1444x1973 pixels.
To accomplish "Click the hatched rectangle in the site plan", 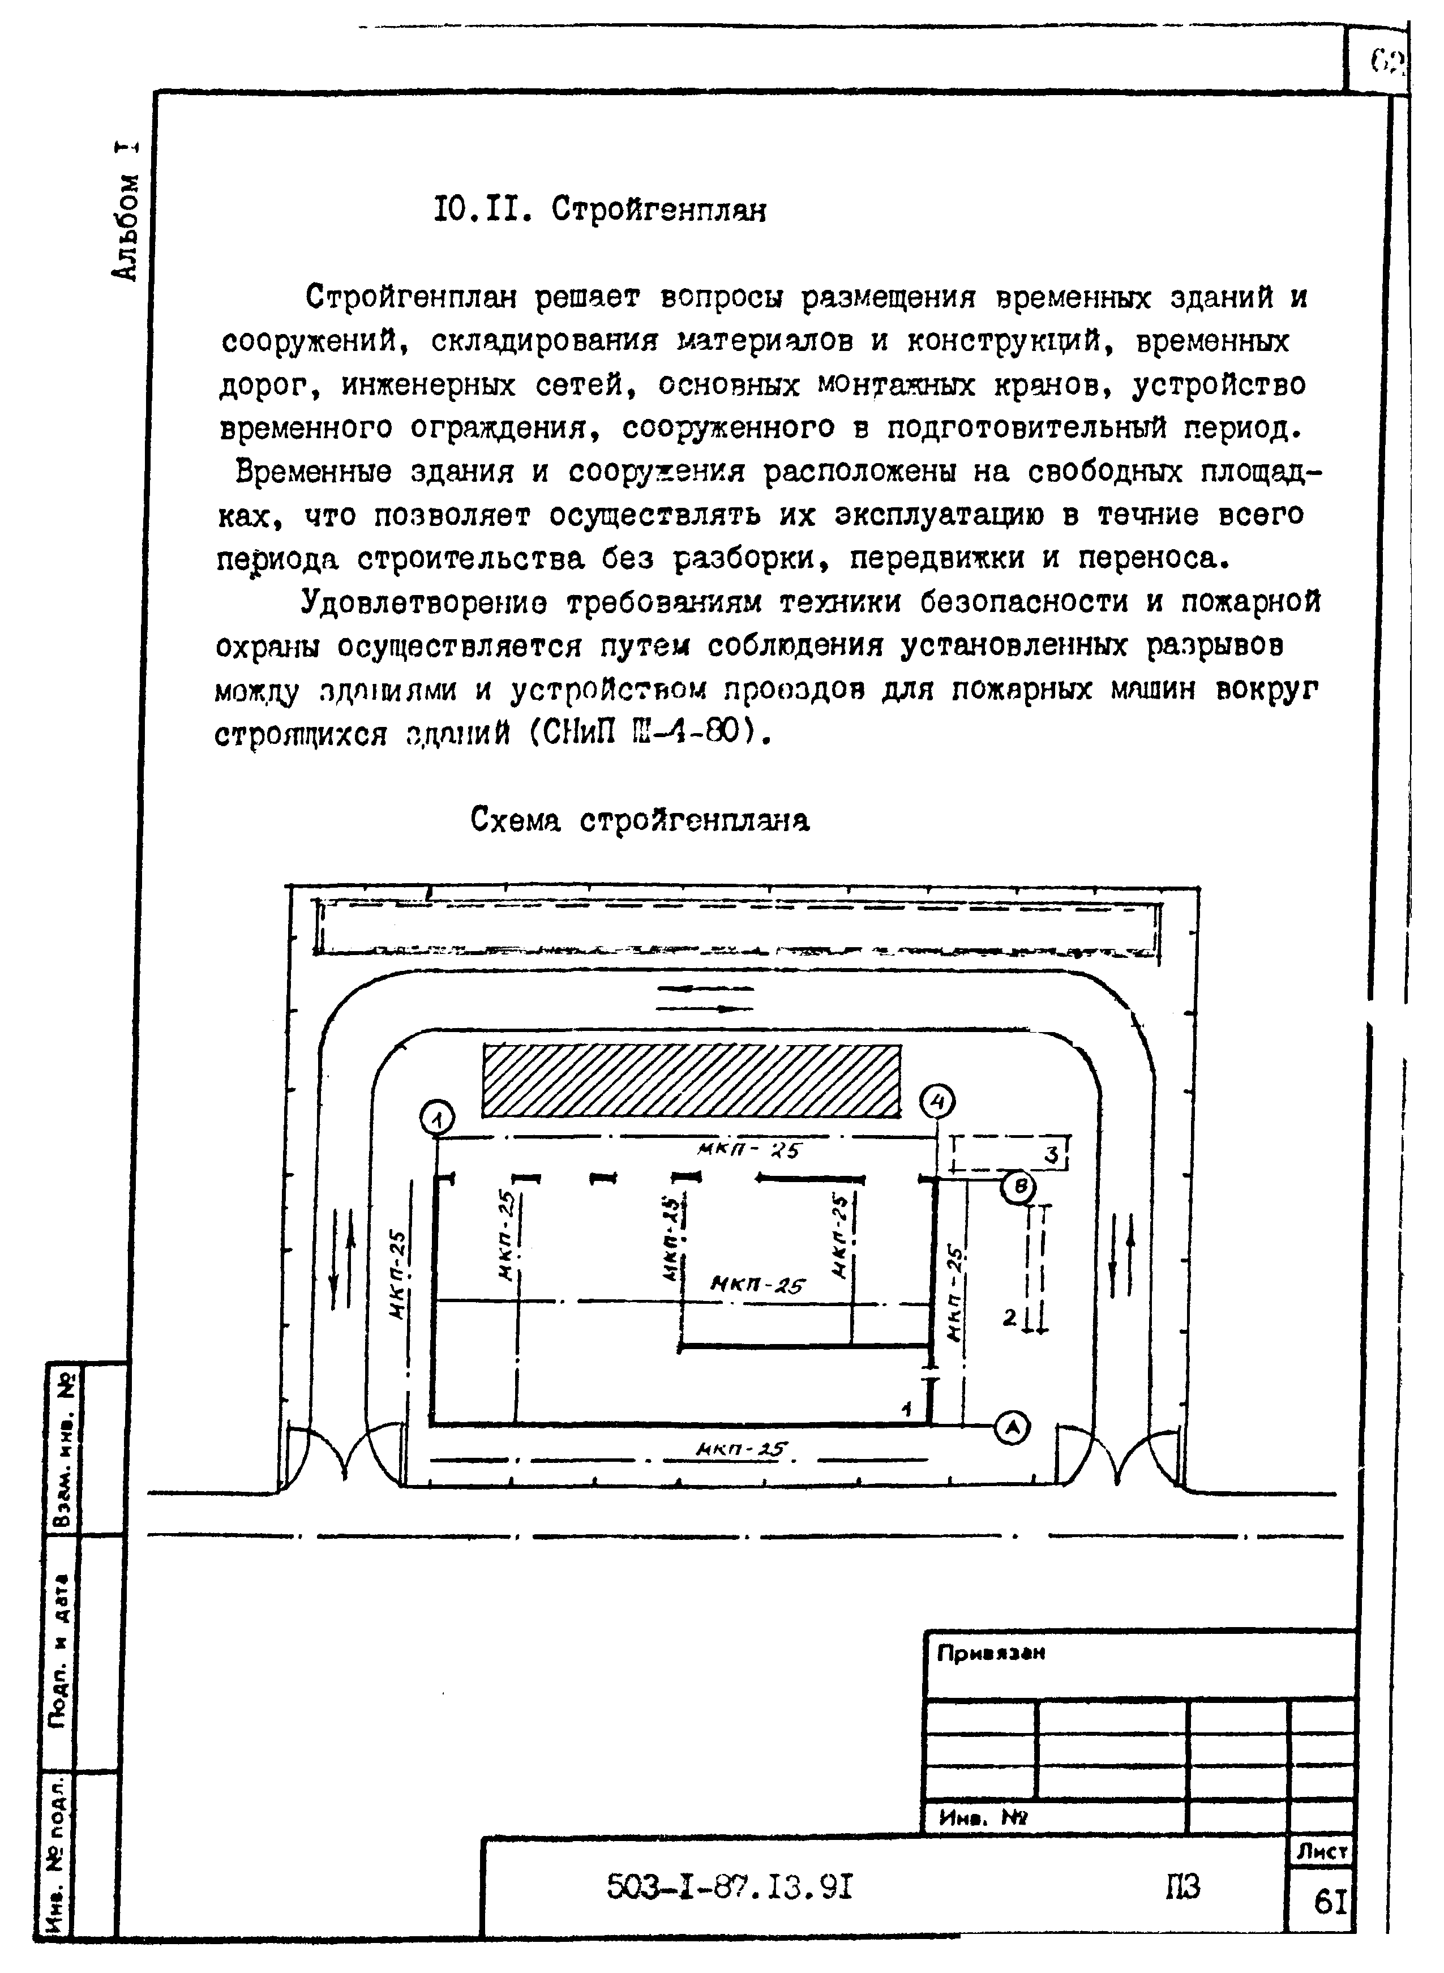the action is click(x=691, y=1080).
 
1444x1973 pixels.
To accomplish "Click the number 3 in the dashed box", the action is click(x=1052, y=1155).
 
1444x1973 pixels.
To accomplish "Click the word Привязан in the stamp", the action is click(x=991, y=1654).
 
